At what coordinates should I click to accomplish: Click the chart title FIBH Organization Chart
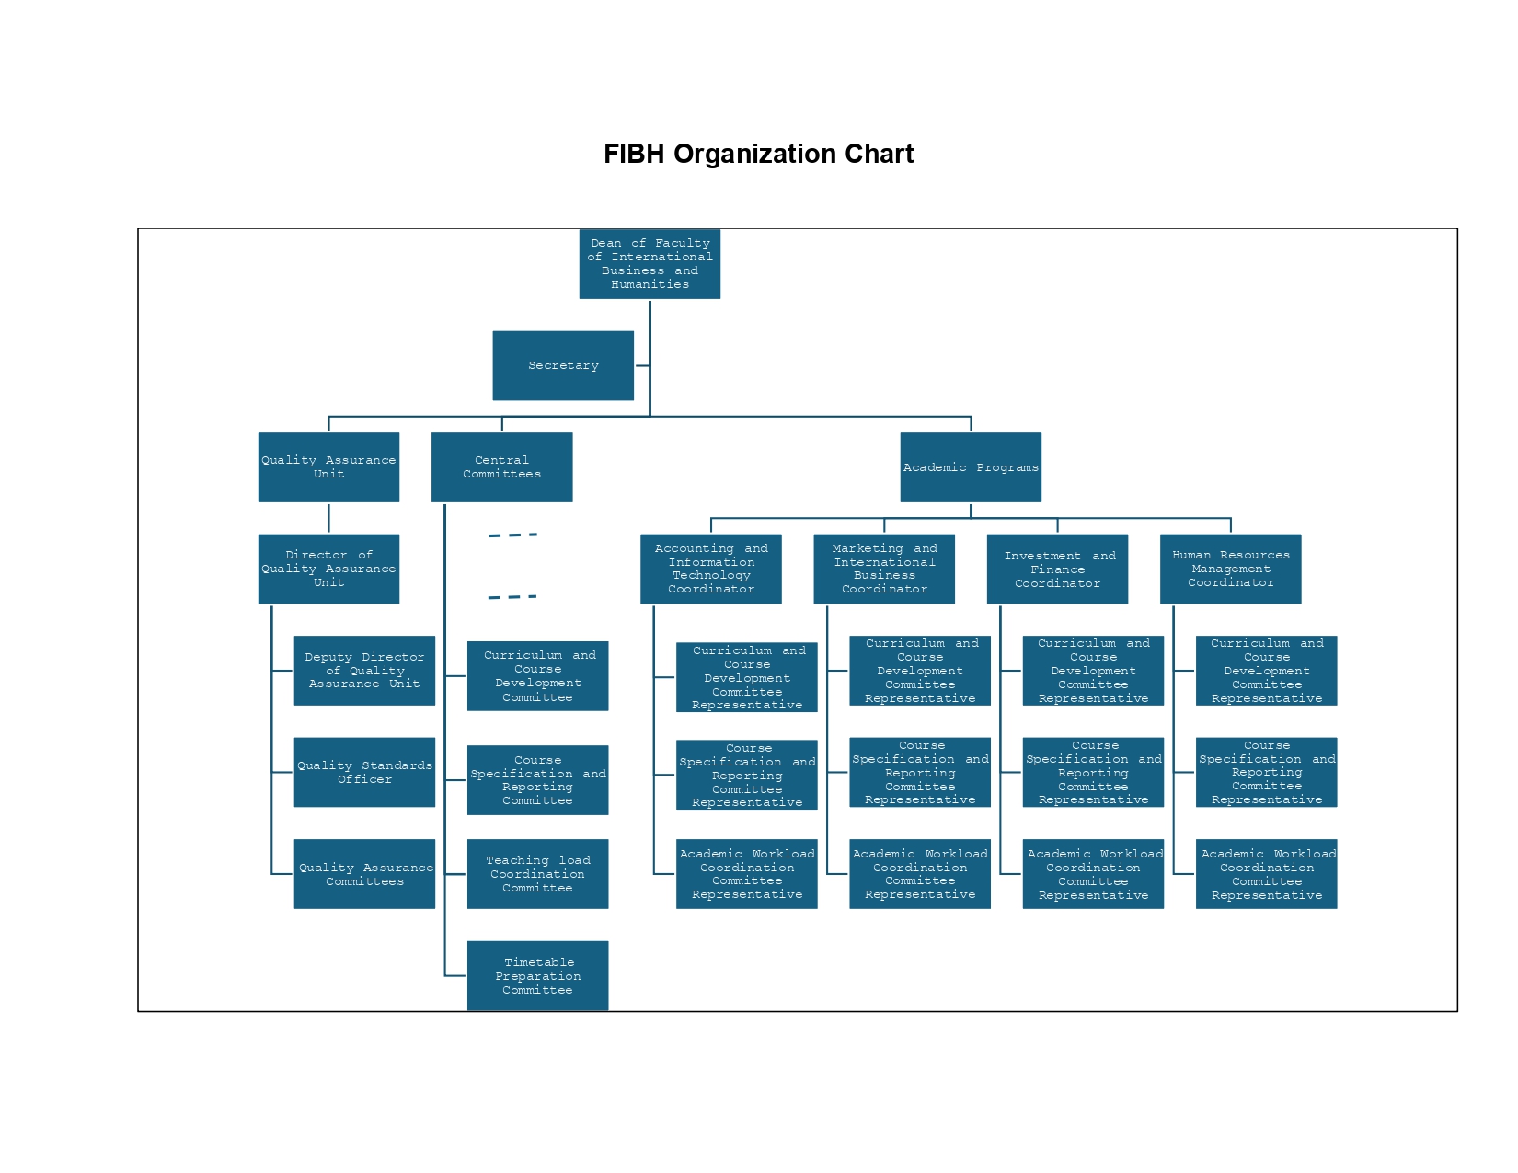point(758,154)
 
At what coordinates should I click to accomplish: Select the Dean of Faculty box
point(650,264)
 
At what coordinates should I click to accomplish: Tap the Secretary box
point(563,365)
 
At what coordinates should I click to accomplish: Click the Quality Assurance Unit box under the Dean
point(328,467)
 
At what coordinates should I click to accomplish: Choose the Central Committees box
point(501,467)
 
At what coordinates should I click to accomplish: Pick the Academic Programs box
point(971,467)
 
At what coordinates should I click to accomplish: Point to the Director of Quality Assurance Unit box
point(328,569)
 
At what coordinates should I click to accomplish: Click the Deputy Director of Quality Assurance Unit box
point(364,671)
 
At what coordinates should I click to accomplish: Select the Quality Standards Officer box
point(364,772)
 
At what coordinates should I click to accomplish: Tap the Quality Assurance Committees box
point(364,874)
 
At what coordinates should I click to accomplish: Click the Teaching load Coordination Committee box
point(537,874)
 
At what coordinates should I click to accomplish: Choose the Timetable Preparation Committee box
point(537,975)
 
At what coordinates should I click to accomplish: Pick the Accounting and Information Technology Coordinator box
point(711,569)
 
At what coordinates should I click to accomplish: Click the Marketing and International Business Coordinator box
point(884,569)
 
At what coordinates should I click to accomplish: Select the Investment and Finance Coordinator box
point(1057,569)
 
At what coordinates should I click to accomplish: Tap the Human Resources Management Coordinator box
point(1231,569)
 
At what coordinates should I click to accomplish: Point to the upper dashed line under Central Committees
point(512,535)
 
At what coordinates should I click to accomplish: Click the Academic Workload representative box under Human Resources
point(1267,874)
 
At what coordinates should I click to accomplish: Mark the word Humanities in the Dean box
point(650,285)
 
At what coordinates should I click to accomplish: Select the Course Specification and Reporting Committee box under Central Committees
point(537,780)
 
